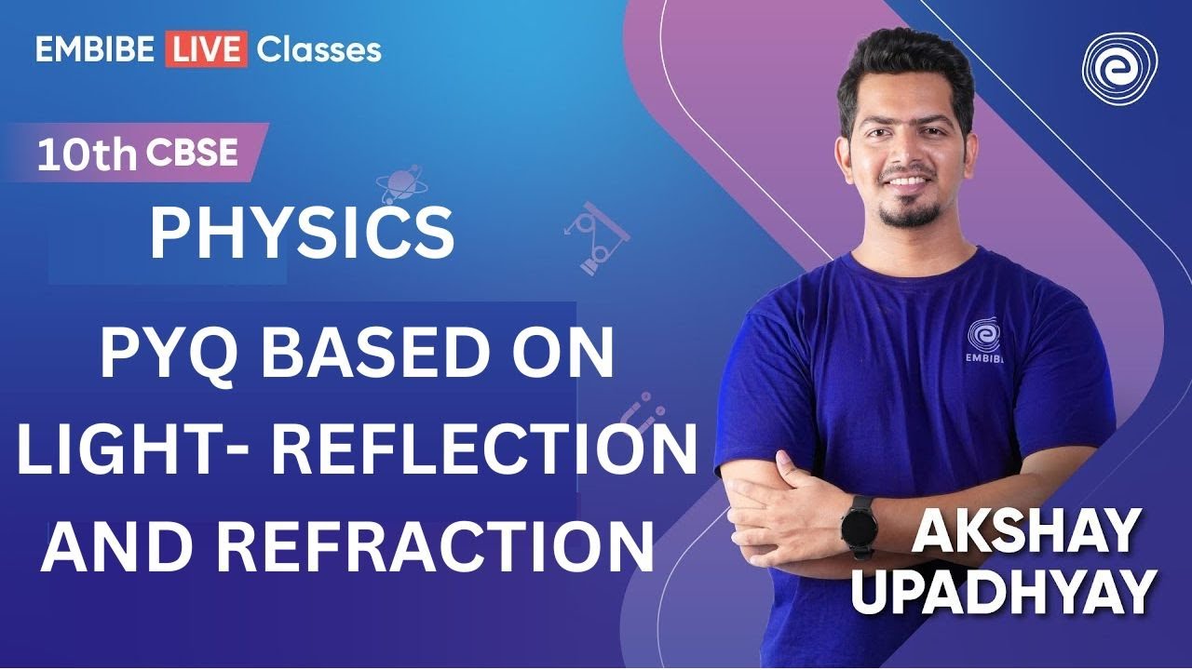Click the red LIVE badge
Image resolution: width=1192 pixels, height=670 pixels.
tap(206, 49)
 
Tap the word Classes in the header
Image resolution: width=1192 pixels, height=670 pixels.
tap(318, 49)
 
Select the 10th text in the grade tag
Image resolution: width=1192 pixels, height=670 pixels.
tap(86, 155)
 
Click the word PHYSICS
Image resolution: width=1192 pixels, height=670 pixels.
tap(302, 234)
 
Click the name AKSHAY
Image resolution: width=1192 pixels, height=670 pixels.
tap(1026, 533)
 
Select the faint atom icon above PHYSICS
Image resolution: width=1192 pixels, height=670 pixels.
tap(399, 184)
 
